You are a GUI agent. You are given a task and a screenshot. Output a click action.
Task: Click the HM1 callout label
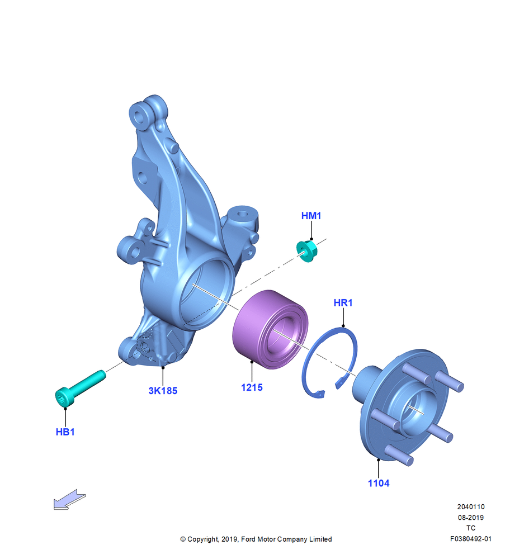pyautogui.click(x=311, y=216)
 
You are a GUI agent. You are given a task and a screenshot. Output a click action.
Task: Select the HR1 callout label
pyautogui.click(x=343, y=302)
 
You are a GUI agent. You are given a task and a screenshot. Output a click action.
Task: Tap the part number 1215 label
pyautogui.click(x=252, y=387)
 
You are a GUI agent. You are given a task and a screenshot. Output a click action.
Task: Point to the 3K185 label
pyautogui.click(x=163, y=391)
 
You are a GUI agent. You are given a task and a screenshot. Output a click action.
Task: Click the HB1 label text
pyautogui.click(x=65, y=432)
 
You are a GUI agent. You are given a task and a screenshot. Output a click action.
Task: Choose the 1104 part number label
pyautogui.click(x=379, y=484)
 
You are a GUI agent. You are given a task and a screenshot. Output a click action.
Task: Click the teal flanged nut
pyautogui.click(x=306, y=251)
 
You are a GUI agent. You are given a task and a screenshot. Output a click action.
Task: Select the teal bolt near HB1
pyautogui.click(x=80, y=389)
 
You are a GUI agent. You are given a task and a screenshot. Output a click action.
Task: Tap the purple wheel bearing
pyautogui.click(x=270, y=329)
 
